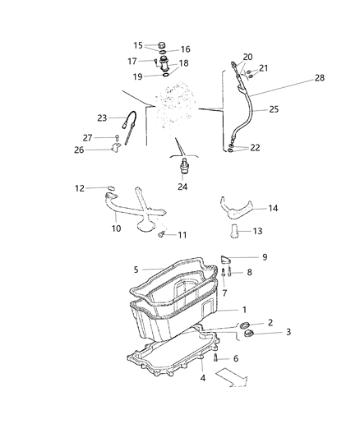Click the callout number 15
(138, 44)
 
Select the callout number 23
(103, 117)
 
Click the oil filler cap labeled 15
(161, 45)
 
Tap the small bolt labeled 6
(215, 358)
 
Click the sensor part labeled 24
(182, 170)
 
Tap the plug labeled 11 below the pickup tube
(162, 235)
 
